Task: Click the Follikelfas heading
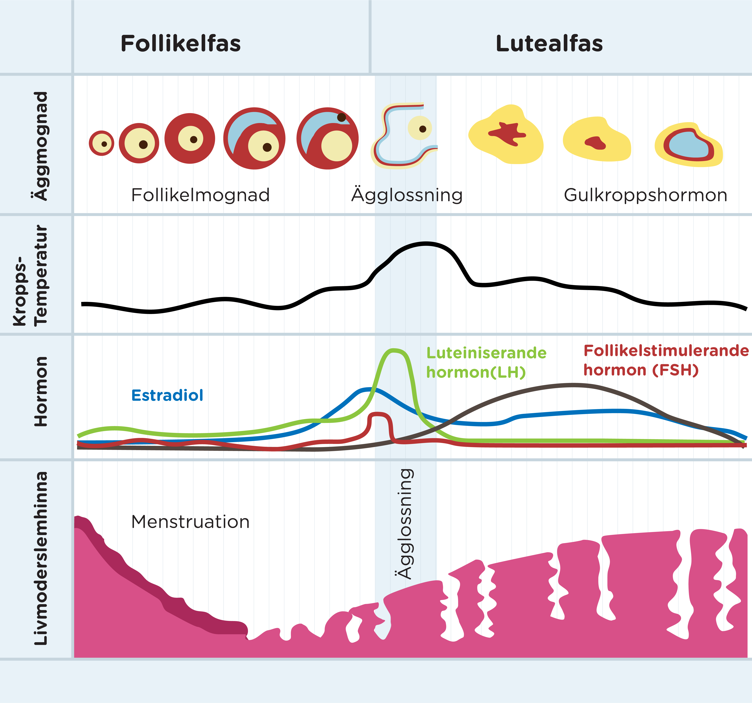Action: (x=180, y=44)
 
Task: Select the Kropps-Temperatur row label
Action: (x=30, y=275)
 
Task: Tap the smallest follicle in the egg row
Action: (x=101, y=143)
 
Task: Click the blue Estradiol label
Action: (x=167, y=395)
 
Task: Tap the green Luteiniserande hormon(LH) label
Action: (x=486, y=363)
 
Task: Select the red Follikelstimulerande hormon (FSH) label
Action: (x=666, y=360)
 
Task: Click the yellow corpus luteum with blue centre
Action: (x=688, y=145)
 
